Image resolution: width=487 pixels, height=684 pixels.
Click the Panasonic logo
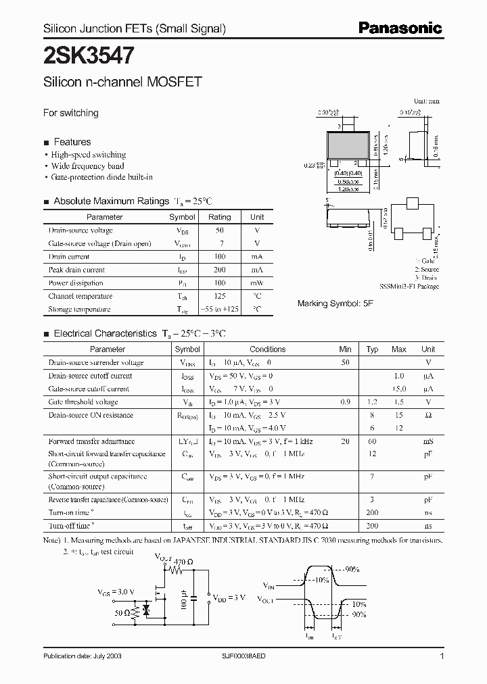(x=400, y=28)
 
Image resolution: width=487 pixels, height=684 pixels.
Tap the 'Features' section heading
(x=72, y=142)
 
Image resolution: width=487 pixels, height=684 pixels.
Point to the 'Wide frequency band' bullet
(x=88, y=166)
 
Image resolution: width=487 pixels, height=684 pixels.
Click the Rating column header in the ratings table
(x=219, y=217)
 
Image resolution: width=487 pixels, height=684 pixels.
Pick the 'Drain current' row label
(x=69, y=257)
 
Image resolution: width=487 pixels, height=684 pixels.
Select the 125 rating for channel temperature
(x=219, y=296)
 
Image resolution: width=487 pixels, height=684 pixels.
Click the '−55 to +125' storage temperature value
(x=219, y=309)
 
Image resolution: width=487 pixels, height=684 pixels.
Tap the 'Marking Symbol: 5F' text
(x=335, y=303)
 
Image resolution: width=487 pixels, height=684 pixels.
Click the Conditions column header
(x=267, y=349)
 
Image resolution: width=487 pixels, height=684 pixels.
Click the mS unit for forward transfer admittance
(x=427, y=441)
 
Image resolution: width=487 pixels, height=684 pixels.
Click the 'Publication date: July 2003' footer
(x=83, y=656)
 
